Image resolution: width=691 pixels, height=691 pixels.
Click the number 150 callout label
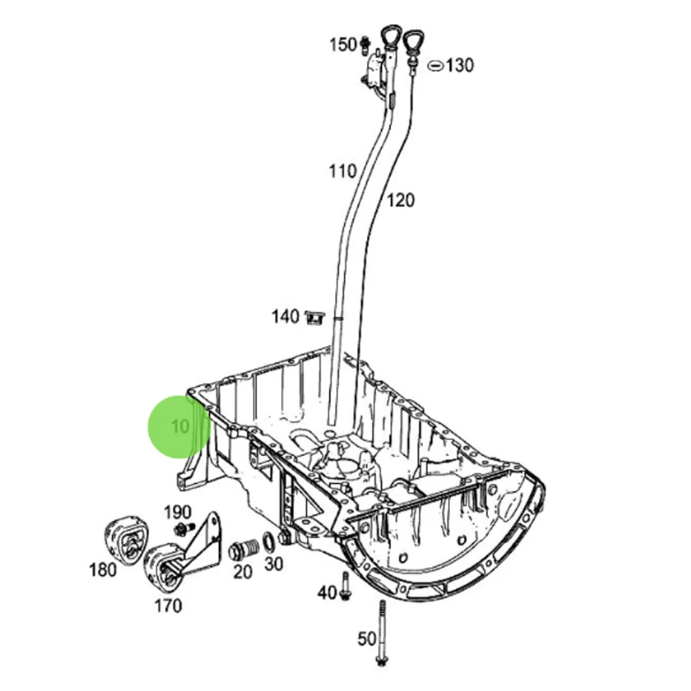pos(342,45)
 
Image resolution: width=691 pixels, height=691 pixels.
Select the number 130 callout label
pos(460,66)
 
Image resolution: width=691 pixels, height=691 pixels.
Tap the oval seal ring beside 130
pos(435,66)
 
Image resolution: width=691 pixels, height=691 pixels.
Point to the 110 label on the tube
pos(343,171)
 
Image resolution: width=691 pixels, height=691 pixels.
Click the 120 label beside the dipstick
pos(401,200)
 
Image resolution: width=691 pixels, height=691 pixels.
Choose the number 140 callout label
pos(285,316)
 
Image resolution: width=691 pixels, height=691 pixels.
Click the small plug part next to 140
pos(315,318)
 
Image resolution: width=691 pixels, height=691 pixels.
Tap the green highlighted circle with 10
pos(179,426)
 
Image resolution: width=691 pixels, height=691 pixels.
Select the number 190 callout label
pos(177,512)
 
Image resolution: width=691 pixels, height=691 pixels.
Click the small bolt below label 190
pos(184,530)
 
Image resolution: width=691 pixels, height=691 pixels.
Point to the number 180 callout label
pos(103,570)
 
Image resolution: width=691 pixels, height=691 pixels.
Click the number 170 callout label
pos(168,606)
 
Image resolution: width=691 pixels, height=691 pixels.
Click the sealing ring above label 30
pos(268,542)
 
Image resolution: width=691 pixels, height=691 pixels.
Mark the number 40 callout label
pos(327,592)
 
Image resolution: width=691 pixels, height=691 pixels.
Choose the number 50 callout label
pos(367,638)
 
